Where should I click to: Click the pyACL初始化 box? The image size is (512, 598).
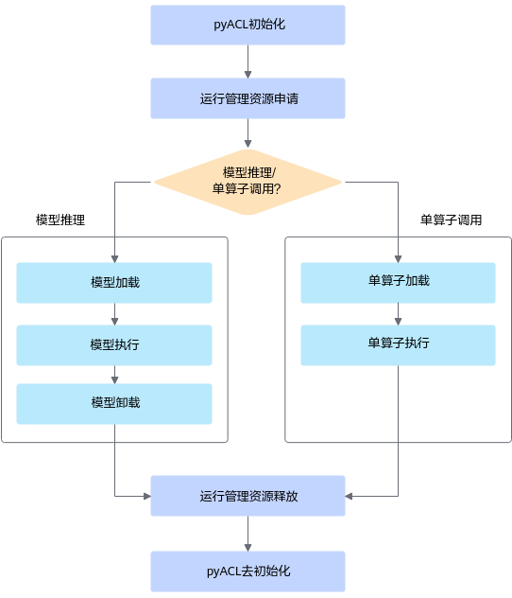point(247,25)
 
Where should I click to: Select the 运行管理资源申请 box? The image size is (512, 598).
point(247,98)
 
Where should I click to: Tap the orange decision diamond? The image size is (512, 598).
point(247,182)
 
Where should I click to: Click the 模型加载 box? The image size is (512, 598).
point(114,283)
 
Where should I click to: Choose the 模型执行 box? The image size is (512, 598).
point(114,345)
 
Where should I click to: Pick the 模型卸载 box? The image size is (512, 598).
point(114,404)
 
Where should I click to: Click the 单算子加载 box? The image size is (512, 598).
point(399,283)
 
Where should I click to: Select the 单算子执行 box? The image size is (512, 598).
point(399,345)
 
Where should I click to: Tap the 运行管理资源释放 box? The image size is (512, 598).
point(247,496)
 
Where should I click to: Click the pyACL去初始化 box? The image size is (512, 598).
point(247,572)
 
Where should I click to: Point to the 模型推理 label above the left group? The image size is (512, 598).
point(60,220)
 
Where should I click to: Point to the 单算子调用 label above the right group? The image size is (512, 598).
point(452,220)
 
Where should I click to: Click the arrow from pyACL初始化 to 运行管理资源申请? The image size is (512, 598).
point(247,62)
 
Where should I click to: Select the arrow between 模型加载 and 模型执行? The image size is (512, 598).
point(114,314)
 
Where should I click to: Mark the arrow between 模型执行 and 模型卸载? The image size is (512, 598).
point(114,375)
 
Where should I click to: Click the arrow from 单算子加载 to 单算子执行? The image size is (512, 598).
point(399,314)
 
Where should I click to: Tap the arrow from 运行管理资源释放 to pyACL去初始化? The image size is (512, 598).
point(247,534)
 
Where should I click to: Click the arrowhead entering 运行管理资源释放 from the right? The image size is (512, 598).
point(349,496)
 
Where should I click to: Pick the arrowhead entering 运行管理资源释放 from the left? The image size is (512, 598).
point(147,496)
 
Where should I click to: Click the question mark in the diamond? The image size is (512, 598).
point(277,189)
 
